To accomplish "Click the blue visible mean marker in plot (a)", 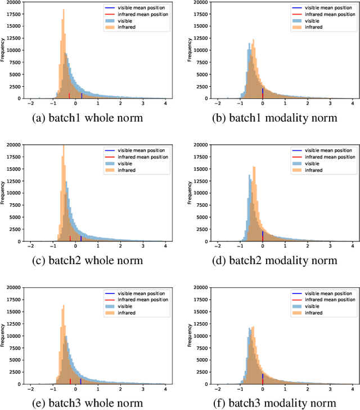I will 81,96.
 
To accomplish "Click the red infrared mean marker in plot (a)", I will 69,96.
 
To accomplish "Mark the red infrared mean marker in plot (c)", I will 70,239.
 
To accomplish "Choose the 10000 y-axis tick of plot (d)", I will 200,193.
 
